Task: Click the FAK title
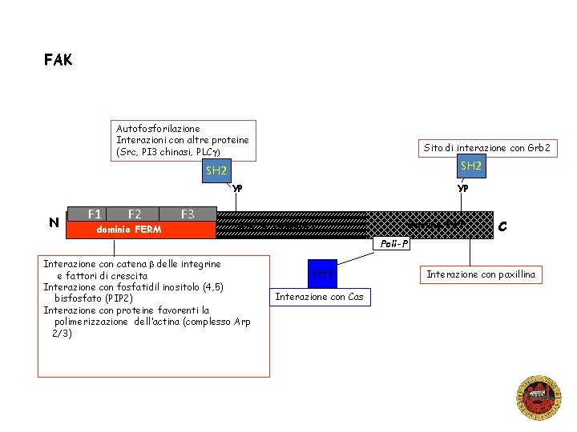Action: point(58,60)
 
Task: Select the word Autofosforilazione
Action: point(158,128)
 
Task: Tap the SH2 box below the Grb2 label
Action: point(471,166)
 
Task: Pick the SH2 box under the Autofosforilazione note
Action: point(216,170)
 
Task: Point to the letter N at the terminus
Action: point(54,222)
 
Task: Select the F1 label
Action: point(95,214)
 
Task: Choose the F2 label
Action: point(135,214)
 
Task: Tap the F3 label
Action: point(188,214)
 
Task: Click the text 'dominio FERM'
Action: point(128,230)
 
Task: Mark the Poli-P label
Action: point(394,243)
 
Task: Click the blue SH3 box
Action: point(322,274)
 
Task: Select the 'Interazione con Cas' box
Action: point(319,297)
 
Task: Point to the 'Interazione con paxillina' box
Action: point(481,274)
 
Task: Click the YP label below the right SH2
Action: point(462,189)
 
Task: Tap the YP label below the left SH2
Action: point(236,190)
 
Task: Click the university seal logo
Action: point(539,398)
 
